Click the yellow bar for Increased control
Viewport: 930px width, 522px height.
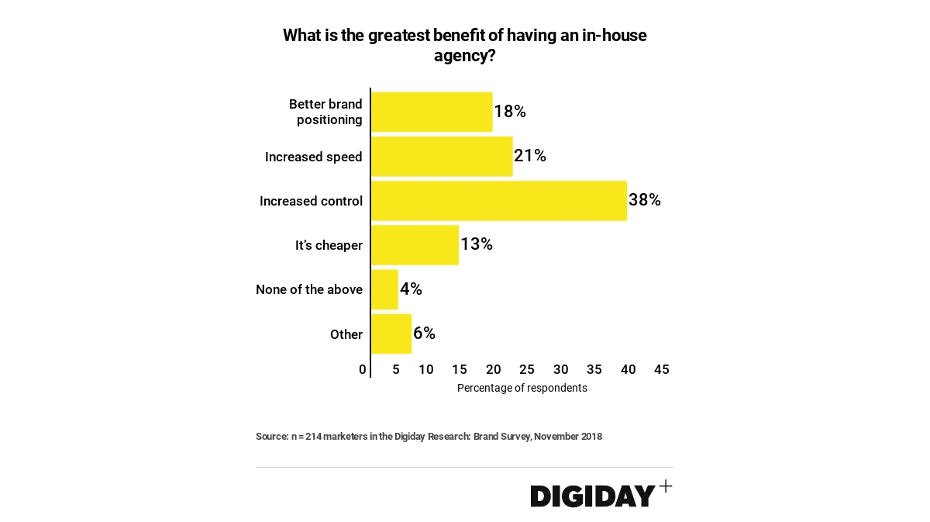click(x=499, y=201)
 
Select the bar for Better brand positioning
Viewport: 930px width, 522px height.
click(x=432, y=112)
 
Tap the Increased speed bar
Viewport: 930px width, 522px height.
click(x=442, y=157)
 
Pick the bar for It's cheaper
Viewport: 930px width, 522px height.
click(x=415, y=245)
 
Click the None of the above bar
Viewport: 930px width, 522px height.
click(x=384, y=289)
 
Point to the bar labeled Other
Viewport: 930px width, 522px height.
click(x=391, y=334)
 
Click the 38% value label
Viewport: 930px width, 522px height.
click(x=645, y=200)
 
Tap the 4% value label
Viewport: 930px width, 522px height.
click(x=411, y=289)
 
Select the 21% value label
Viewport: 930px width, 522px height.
click(x=530, y=156)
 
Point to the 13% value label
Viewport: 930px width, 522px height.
click(x=477, y=244)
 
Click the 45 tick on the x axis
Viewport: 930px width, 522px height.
click(x=662, y=370)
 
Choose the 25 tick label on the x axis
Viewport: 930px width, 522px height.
click(x=527, y=370)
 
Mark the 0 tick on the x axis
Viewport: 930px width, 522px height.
click(x=363, y=370)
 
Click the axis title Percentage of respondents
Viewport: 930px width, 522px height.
click(x=522, y=388)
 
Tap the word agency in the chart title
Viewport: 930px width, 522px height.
click(x=461, y=56)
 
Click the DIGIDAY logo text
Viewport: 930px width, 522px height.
click(x=593, y=496)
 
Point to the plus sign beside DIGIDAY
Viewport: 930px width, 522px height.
click(x=665, y=486)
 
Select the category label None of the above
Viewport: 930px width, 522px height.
click(x=309, y=289)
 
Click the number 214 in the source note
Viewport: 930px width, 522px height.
click(x=313, y=437)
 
